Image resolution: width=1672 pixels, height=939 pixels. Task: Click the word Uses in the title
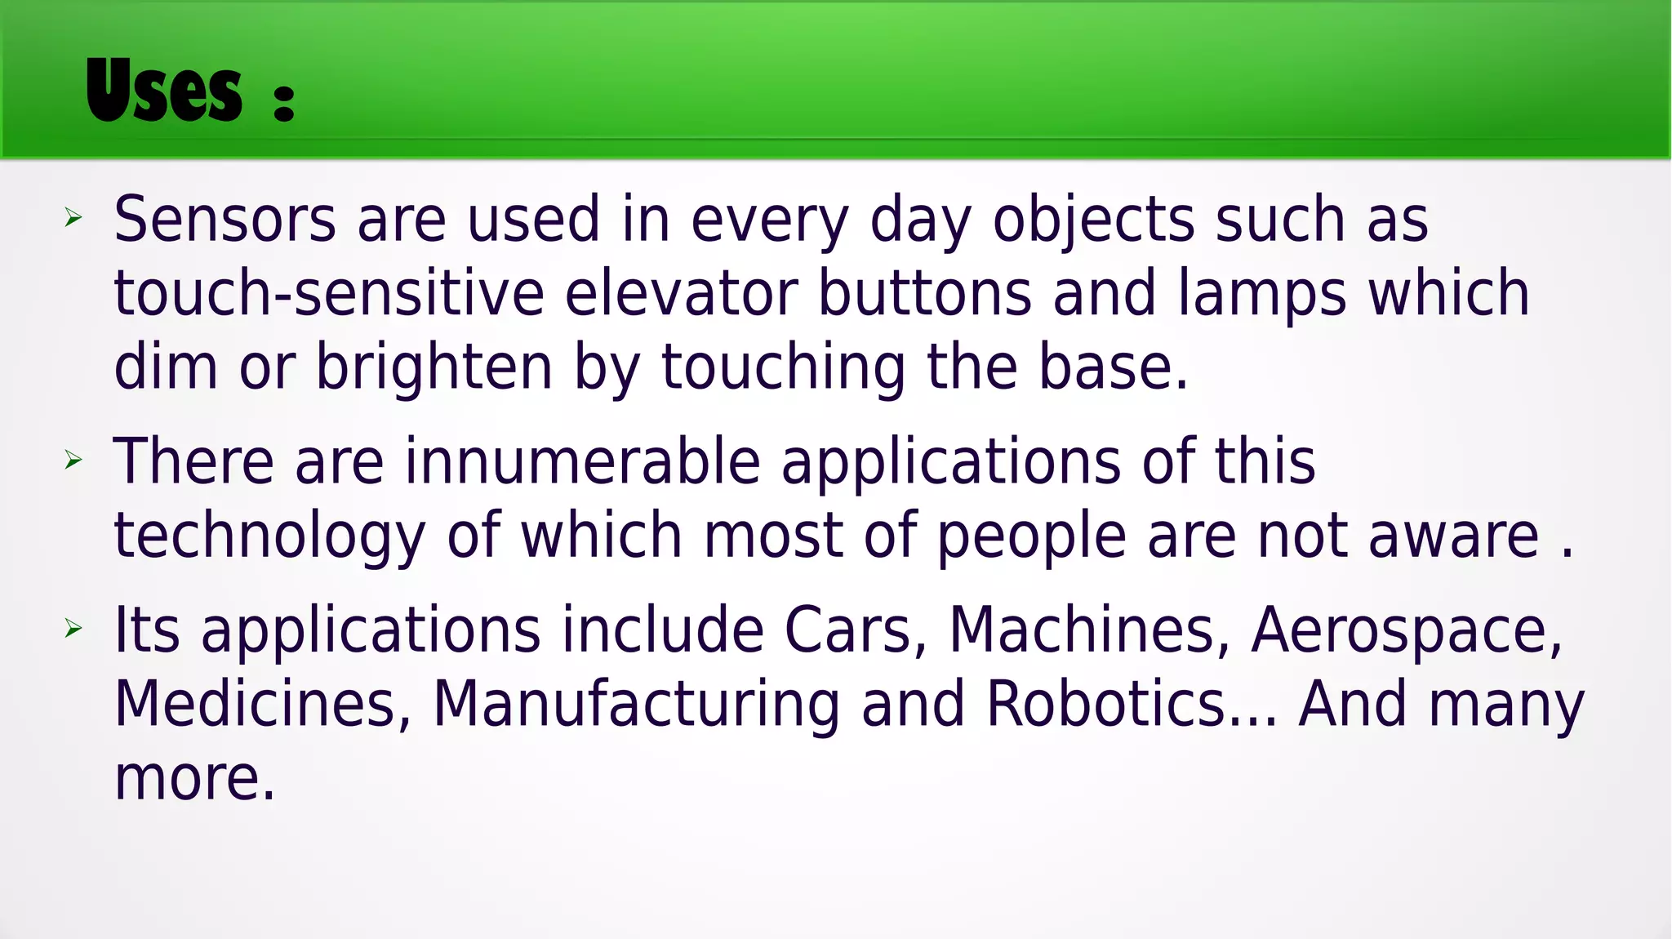pyautogui.click(x=163, y=91)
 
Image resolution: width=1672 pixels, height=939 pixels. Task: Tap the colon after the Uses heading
pyautogui.click(x=283, y=101)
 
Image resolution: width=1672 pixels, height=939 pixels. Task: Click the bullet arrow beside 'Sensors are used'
pyautogui.click(x=73, y=217)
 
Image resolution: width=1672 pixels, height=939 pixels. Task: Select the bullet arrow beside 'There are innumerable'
pyautogui.click(x=73, y=460)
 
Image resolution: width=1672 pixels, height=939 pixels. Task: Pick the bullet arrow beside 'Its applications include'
pyautogui.click(x=73, y=628)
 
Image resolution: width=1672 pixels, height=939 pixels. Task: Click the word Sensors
pyautogui.click(x=225, y=220)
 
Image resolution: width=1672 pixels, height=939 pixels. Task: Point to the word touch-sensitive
pyautogui.click(x=329, y=294)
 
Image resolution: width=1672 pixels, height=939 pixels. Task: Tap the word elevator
pyautogui.click(x=681, y=294)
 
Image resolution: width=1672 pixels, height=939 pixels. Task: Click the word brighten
pyautogui.click(x=434, y=367)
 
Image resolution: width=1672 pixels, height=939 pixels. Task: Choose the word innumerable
pyautogui.click(x=583, y=462)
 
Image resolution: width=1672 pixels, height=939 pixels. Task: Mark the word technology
pyautogui.click(x=269, y=537)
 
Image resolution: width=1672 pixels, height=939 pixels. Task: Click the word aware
pyautogui.click(x=1453, y=537)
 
